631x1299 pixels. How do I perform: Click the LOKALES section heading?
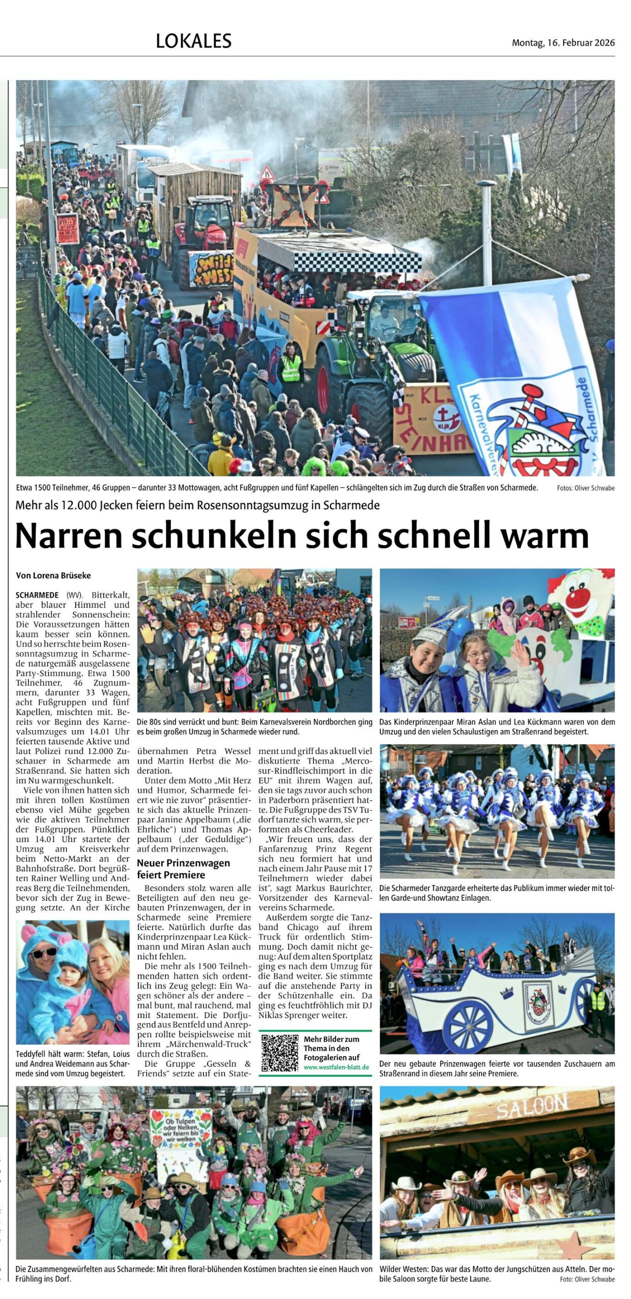193,41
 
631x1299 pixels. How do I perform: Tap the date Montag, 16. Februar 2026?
563,43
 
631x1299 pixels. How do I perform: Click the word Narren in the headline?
69,535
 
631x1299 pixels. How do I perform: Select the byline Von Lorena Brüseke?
53,575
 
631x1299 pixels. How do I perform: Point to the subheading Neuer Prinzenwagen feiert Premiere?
183,869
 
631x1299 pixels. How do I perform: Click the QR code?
279,1053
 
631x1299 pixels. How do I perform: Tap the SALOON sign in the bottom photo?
531,1106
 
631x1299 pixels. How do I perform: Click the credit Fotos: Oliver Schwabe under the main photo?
585,488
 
